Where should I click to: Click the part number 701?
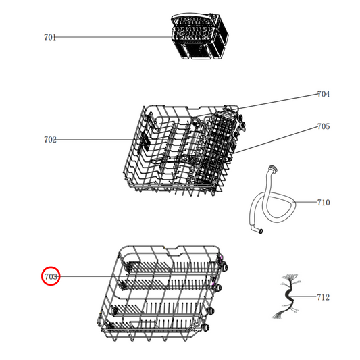coord(50,38)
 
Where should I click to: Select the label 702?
coord(50,140)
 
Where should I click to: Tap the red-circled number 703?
coord(51,276)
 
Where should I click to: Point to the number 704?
coord(324,95)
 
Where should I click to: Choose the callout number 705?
coord(324,126)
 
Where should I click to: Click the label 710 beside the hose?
coord(324,202)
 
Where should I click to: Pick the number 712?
coord(324,297)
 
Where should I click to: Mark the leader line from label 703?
coord(88,276)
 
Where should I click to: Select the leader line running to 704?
coord(277,101)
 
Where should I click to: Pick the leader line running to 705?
coord(277,138)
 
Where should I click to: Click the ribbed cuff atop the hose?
coord(273,168)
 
